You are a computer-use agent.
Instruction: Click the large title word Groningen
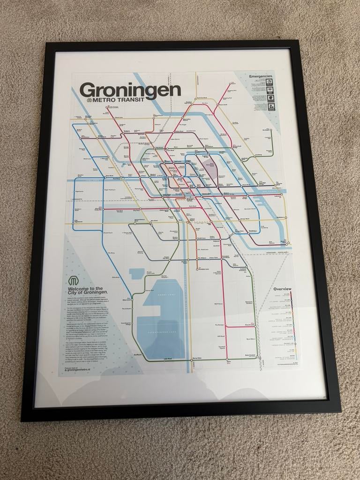tap(130, 90)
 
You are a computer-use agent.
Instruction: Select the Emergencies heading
tap(262, 76)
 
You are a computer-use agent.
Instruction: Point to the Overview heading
tap(282, 289)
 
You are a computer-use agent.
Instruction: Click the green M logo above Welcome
tap(74, 281)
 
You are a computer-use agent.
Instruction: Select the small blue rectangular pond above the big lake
tap(137, 273)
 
